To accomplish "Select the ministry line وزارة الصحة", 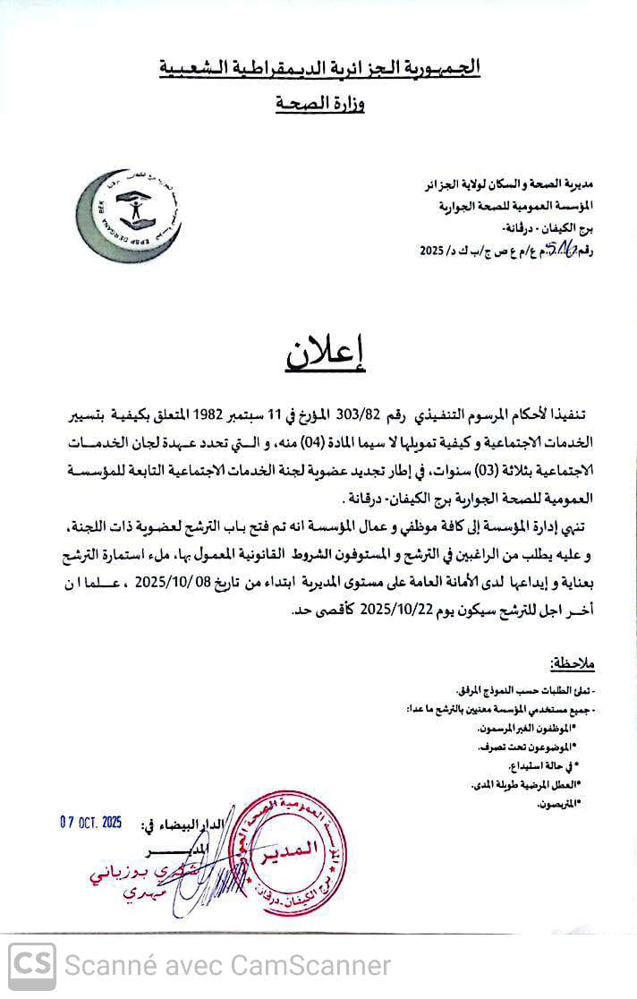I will point(319,104).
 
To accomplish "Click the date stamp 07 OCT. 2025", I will point(90,822).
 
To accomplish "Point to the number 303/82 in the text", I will point(357,414).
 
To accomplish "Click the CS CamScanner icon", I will point(30,966).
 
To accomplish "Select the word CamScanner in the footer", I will point(310,966).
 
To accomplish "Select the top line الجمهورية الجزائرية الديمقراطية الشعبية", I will point(319,67).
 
